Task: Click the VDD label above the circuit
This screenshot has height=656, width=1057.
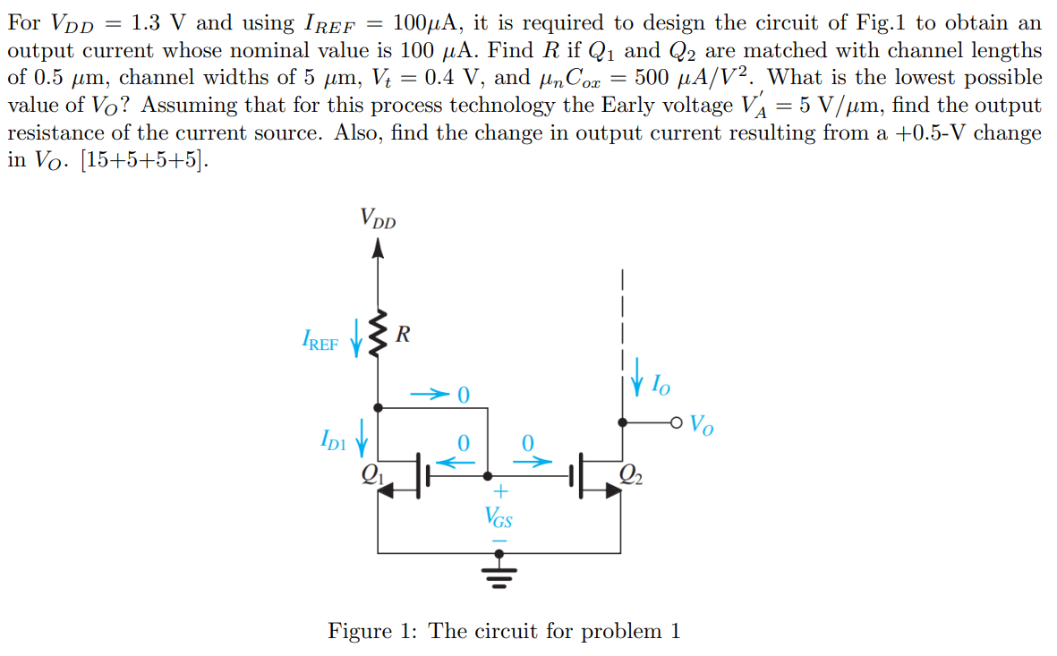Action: [x=378, y=218]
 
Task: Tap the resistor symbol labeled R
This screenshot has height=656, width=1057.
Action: [x=379, y=336]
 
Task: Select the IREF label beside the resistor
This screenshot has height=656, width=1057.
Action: [x=320, y=341]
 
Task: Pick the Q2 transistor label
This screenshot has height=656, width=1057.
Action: [x=630, y=473]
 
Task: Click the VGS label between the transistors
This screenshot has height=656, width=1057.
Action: [x=499, y=516]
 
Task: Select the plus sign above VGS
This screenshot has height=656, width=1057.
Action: [x=500, y=491]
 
